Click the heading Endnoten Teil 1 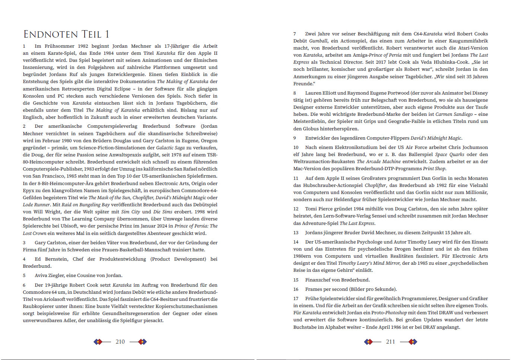(66, 34)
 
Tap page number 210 (120, 342)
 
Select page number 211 (390, 342)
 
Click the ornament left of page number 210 (98, 342)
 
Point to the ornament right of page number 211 (413, 342)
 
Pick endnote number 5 (24, 275)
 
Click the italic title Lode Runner (36, 205)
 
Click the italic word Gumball (318, 41)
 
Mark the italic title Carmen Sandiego (454, 114)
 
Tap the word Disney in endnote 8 (480, 93)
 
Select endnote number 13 (296, 233)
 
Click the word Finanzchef (319, 280)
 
